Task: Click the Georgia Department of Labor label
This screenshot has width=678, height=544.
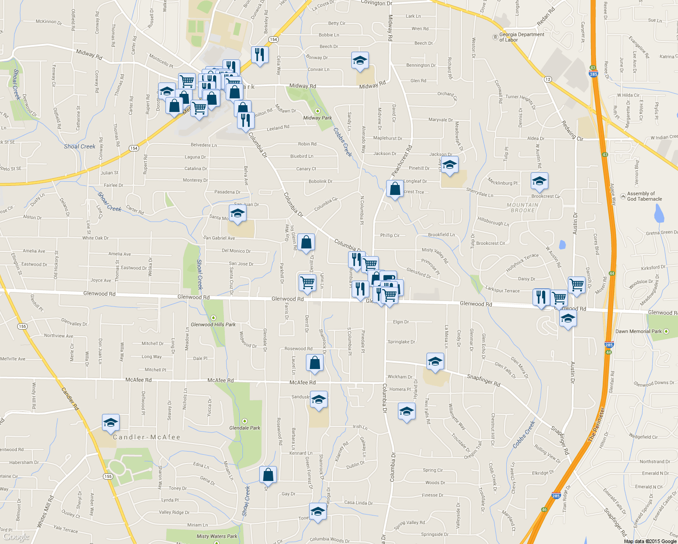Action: pyautogui.click(x=521, y=37)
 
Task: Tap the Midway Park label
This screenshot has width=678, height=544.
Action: pyautogui.click(x=317, y=118)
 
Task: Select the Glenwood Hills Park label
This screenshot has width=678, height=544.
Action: pyautogui.click(x=213, y=325)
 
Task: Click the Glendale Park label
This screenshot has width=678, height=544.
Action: pyautogui.click(x=245, y=427)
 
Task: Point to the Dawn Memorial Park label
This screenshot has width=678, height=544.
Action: pyautogui.click(x=638, y=331)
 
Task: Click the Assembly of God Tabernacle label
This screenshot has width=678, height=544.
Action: pyautogui.click(x=644, y=196)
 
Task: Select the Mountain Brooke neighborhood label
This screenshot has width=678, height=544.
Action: pyautogui.click(x=523, y=208)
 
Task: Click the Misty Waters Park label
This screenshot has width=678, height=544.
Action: pyautogui.click(x=217, y=536)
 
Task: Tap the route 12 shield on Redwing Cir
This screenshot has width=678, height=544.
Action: pyautogui.click(x=548, y=79)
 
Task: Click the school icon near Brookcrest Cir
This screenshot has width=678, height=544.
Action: pyautogui.click(x=539, y=181)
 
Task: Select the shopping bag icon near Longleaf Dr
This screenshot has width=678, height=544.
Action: pyautogui.click(x=395, y=189)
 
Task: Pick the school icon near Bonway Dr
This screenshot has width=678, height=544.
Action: pyautogui.click(x=360, y=61)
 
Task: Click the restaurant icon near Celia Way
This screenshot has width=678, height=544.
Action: pyautogui.click(x=260, y=55)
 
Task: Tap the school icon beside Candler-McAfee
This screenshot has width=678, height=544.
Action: pyautogui.click(x=111, y=423)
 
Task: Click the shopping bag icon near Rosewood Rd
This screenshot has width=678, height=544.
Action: pyautogui.click(x=315, y=363)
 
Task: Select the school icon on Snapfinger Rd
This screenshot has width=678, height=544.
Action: pyautogui.click(x=435, y=362)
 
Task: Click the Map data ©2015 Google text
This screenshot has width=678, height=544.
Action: pyautogui.click(x=650, y=541)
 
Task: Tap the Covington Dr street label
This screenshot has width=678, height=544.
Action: pyautogui.click(x=376, y=3)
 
